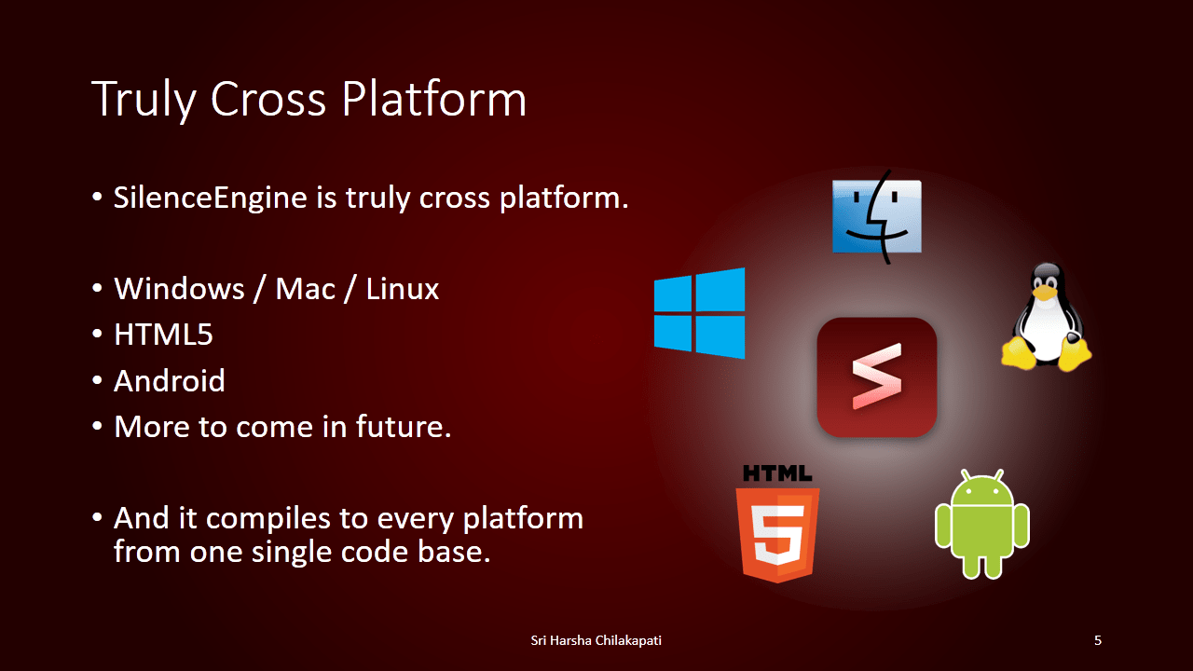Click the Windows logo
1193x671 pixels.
(x=699, y=313)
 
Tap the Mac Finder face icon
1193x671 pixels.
(x=877, y=216)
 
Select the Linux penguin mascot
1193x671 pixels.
(x=1046, y=317)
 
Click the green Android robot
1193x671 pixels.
(x=982, y=525)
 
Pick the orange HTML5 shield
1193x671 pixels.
(x=777, y=535)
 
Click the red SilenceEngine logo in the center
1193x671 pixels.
(x=877, y=377)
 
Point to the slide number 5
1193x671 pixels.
(x=1098, y=640)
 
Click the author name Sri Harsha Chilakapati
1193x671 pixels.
(x=596, y=640)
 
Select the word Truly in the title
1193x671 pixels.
(x=144, y=100)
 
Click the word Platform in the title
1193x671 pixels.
(x=434, y=99)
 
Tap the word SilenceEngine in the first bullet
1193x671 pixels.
(x=211, y=199)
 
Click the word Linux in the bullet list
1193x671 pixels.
(x=402, y=289)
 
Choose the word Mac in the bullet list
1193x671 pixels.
(x=305, y=289)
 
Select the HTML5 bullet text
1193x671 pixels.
(x=163, y=335)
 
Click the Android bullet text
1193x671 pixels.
(x=170, y=381)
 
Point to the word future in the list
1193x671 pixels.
(x=404, y=427)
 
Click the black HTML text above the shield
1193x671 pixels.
(x=777, y=472)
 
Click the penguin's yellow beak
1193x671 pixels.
(x=1045, y=293)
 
